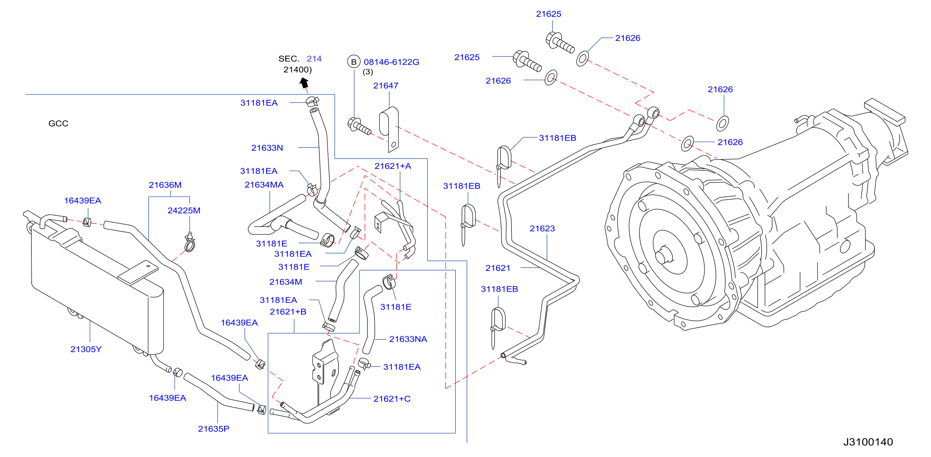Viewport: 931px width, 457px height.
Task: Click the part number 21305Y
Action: pyautogui.click(x=86, y=349)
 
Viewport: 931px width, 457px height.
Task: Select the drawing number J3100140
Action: pyautogui.click(x=868, y=442)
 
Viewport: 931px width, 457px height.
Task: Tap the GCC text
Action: pyautogui.click(x=58, y=123)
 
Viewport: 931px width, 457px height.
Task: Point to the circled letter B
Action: pyautogui.click(x=354, y=62)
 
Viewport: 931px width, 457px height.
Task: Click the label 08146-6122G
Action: pyautogui.click(x=391, y=62)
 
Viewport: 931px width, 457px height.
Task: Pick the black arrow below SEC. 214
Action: pyautogui.click(x=304, y=83)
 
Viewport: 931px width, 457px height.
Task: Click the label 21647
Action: pyautogui.click(x=386, y=86)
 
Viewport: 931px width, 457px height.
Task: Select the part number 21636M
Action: pyautogui.click(x=165, y=185)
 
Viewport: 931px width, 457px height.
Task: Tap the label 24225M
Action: pyautogui.click(x=184, y=211)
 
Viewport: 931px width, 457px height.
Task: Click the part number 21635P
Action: pyautogui.click(x=214, y=429)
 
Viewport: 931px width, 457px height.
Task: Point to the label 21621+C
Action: pyautogui.click(x=392, y=399)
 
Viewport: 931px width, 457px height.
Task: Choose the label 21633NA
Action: pyautogui.click(x=408, y=339)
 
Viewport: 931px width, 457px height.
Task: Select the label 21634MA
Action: pyautogui.click(x=264, y=185)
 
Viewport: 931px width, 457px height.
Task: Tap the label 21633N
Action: pyautogui.click(x=267, y=148)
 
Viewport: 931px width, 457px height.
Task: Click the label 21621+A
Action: pyautogui.click(x=393, y=166)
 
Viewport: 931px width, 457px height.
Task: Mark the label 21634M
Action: pyautogui.click(x=285, y=282)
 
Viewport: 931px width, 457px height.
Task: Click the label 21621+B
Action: pyautogui.click(x=288, y=312)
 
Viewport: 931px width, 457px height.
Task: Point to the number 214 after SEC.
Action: pyautogui.click(x=314, y=59)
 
